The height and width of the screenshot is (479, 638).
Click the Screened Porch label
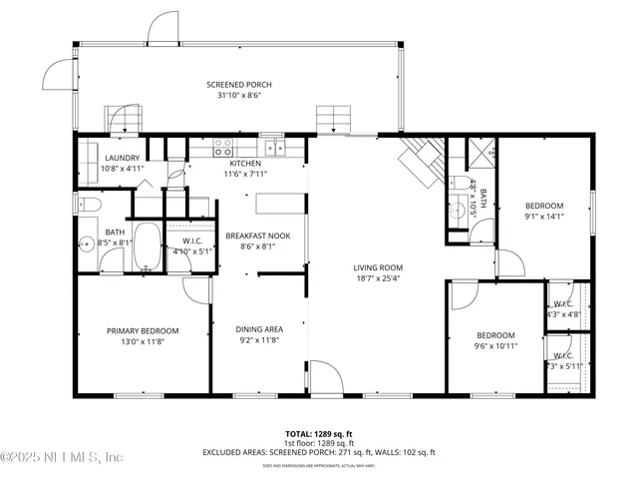(239, 85)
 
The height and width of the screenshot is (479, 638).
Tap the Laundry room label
(123, 158)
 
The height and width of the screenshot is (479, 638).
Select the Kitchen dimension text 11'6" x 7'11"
(245, 174)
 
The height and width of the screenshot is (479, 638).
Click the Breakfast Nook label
(257, 236)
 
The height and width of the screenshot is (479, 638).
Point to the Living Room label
(377, 267)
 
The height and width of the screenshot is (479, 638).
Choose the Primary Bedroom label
(144, 331)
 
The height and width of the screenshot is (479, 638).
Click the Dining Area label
(259, 329)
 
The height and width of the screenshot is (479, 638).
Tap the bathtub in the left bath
(148, 247)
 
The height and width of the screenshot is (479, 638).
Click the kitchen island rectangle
(278, 204)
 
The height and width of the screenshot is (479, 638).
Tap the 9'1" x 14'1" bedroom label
(544, 206)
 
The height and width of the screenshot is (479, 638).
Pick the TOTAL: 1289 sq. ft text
(319, 434)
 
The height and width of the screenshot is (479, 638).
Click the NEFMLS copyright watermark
(62, 457)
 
